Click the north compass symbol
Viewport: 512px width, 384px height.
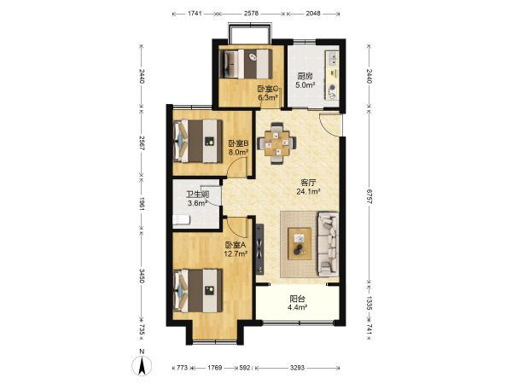pos(142,364)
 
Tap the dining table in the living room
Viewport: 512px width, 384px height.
pos(276,143)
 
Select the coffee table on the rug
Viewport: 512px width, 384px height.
pos(300,243)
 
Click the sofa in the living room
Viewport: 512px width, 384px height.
pos(328,244)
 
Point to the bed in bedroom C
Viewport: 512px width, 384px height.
pos(247,64)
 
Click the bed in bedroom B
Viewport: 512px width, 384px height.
pos(198,142)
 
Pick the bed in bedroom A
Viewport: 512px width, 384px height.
pos(198,290)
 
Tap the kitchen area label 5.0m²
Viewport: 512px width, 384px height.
pos(305,85)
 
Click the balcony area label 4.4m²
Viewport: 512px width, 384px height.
pos(298,307)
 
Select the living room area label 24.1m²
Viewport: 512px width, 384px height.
pos(308,192)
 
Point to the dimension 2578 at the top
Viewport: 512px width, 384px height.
pos(251,14)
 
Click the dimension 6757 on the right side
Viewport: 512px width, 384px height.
pos(369,196)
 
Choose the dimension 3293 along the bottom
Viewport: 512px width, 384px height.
pos(297,368)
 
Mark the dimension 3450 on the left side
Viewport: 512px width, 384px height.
pos(141,276)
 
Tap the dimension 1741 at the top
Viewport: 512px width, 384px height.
pos(195,14)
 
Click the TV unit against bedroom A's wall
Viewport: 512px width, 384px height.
pos(260,249)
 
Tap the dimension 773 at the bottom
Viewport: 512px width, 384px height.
pos(183,368)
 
